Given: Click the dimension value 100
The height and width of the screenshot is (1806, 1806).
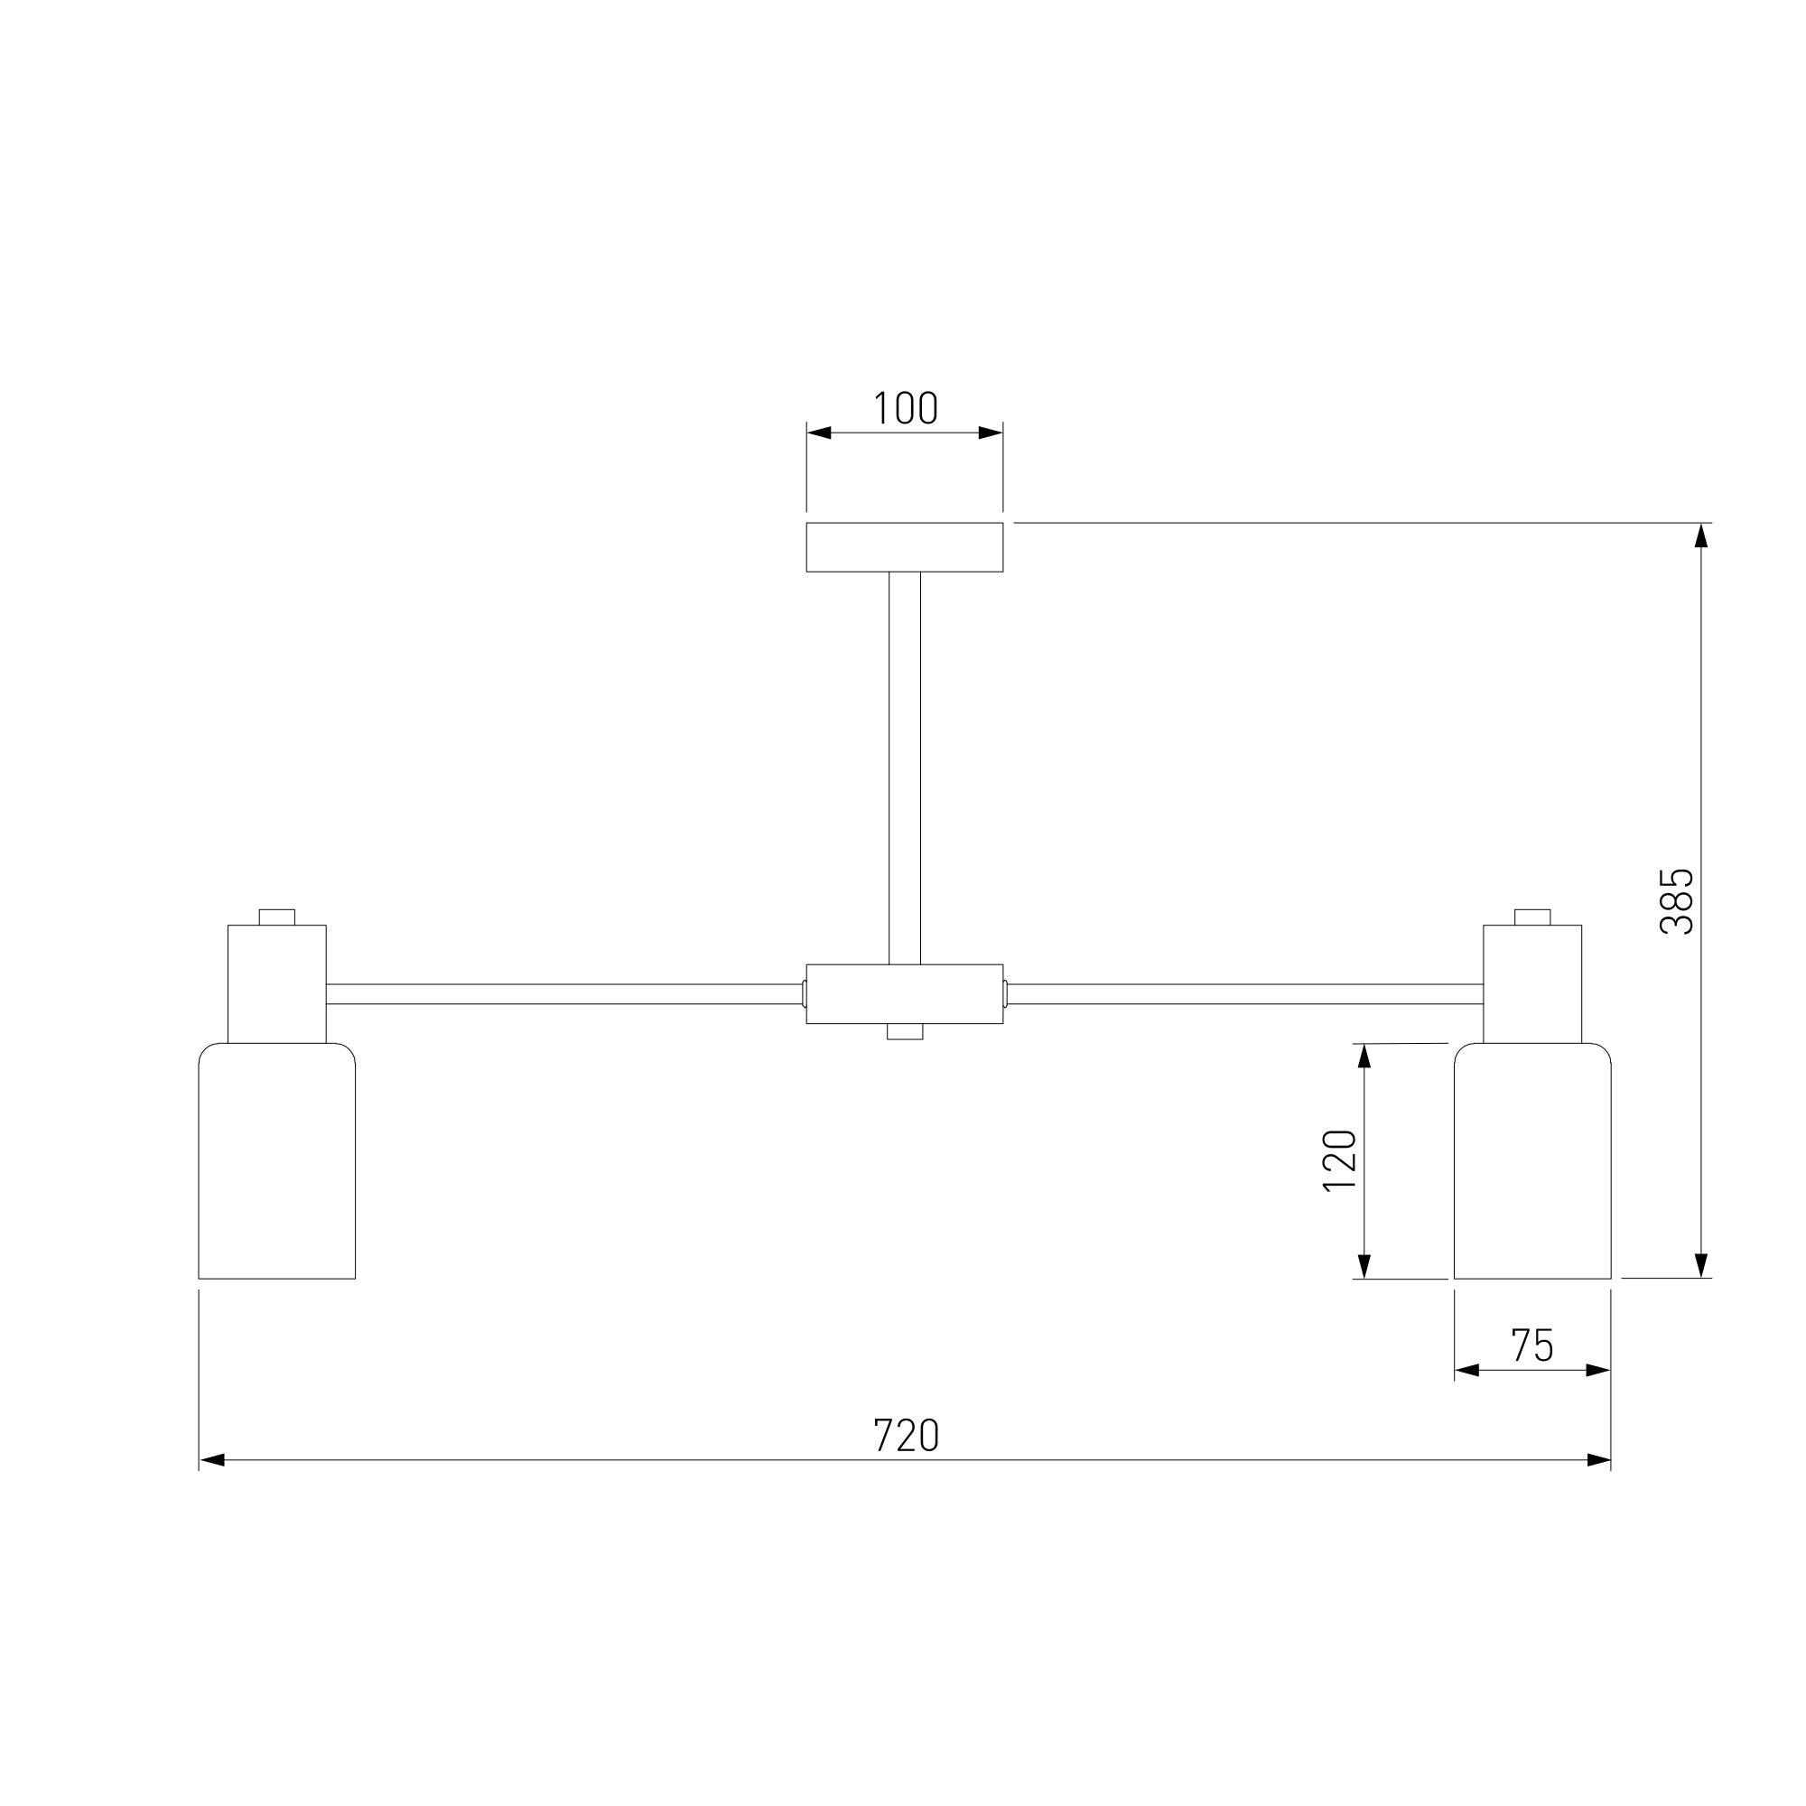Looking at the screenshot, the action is coord(905,408).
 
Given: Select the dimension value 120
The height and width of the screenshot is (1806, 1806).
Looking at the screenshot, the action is coord(1339,1160).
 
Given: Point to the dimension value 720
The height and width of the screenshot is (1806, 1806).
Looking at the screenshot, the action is coord(905,1435).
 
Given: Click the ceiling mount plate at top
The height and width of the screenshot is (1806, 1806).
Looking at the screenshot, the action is coord(905,547).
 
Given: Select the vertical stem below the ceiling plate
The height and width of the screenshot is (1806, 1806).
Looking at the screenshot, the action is coord(905,768).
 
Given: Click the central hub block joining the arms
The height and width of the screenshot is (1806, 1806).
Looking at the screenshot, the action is coord(905,993).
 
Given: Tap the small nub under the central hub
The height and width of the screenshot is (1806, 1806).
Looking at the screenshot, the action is coord(905,1032).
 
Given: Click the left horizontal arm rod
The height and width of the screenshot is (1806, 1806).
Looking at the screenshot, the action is coord(564,993).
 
